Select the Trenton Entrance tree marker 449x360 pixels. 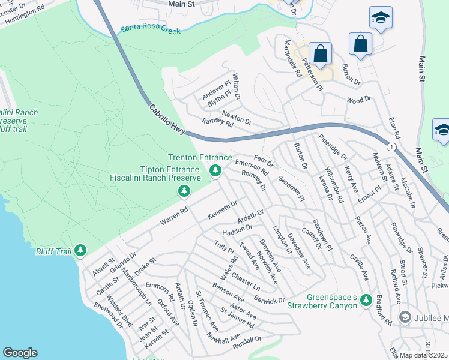[x=215, y=172]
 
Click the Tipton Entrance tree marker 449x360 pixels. [x=184, y=191]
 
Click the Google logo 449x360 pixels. [x=20, y=353]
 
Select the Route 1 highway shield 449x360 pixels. [x=392, y=146]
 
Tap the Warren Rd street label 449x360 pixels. [x=175, y=217]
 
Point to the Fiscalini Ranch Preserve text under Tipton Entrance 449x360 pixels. [x=155, y=178]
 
